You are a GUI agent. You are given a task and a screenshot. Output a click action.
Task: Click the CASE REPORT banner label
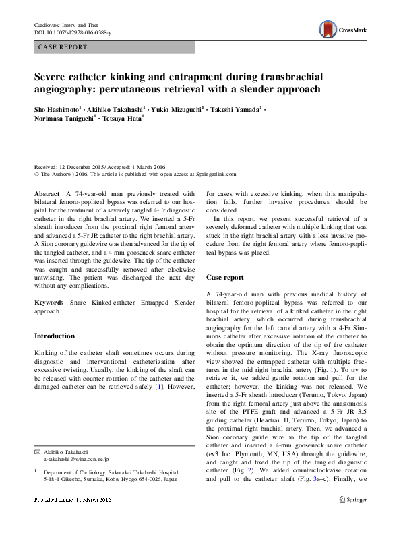pos(63,47)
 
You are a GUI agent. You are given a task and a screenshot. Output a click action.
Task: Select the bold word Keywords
pos(49,304)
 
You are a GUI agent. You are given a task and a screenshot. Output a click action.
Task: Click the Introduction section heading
pos(55,336)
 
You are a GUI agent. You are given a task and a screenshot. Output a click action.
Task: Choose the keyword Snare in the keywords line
pos(79,304)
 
